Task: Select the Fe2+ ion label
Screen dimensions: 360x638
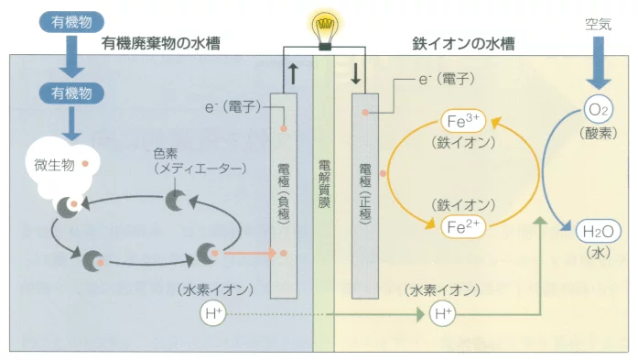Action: tap(461, 224)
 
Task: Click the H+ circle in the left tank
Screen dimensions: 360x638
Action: tap(212, 315)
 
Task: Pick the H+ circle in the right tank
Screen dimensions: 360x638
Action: tap(442, 315)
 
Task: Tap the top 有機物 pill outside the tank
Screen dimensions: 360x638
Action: tap(71, 20)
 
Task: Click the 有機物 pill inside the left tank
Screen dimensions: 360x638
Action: tap(71, 93)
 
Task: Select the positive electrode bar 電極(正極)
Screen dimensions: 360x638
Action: tap(365, 183)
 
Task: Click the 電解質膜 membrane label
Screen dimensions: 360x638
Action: tap(324, 183)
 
